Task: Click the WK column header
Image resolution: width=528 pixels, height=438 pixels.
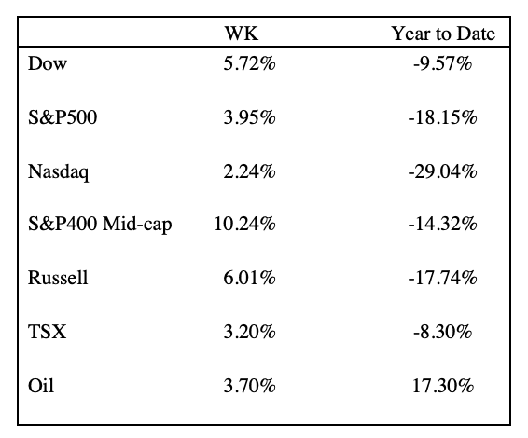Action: pos(242,34)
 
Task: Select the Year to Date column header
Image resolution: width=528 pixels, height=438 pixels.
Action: pos(443,34)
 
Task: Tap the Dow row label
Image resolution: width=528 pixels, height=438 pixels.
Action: pos(48,63)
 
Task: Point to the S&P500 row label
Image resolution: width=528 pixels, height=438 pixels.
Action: pos(63,117)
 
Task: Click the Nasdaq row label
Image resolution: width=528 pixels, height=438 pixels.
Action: pos(59,171)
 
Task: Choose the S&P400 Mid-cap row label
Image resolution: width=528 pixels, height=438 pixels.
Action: pos(100,224)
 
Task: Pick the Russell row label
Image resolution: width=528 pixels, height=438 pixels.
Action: pos(58,278)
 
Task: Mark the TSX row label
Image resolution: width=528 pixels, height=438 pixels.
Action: pos(48,332)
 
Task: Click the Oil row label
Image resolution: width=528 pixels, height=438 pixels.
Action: pos(41,385)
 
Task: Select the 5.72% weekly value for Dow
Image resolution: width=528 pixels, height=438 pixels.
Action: pos(249,63)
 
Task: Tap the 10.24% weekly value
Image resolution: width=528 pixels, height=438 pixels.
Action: pos(244,224)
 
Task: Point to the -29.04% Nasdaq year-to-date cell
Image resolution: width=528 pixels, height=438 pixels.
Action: pos(442,171)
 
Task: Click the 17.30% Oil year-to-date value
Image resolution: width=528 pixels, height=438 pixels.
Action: pos(443,385)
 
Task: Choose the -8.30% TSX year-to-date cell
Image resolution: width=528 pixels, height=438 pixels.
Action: pos(442,332)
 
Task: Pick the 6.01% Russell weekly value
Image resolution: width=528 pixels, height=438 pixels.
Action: pos(249,278)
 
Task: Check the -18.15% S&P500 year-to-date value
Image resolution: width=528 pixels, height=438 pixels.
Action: pos(442,117)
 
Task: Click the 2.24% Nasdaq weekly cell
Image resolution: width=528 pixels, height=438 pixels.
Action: pos(249,171)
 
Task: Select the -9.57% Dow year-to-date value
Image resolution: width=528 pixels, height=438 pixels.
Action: pos(442,63)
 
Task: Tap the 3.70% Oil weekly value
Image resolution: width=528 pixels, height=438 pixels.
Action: pos(249,385)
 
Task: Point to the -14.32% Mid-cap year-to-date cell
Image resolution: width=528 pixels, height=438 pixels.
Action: pos(442,224)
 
